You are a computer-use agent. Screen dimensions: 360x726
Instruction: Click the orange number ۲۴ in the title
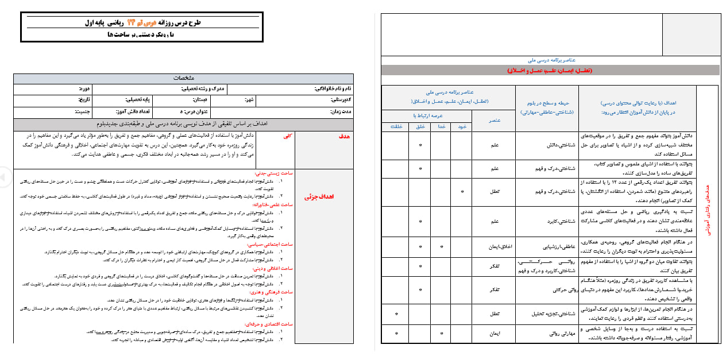(138, 23)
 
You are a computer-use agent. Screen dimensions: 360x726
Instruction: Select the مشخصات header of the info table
(184, 78)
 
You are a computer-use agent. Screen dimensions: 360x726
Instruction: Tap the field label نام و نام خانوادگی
(333, 89)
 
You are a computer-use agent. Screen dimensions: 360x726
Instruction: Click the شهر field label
(234, 99)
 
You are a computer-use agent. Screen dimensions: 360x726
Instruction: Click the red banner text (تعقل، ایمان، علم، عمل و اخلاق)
(550, 70)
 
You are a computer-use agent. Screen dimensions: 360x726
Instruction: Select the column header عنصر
(493, 120)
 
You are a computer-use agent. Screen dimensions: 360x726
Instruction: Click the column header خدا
(441, 126)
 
